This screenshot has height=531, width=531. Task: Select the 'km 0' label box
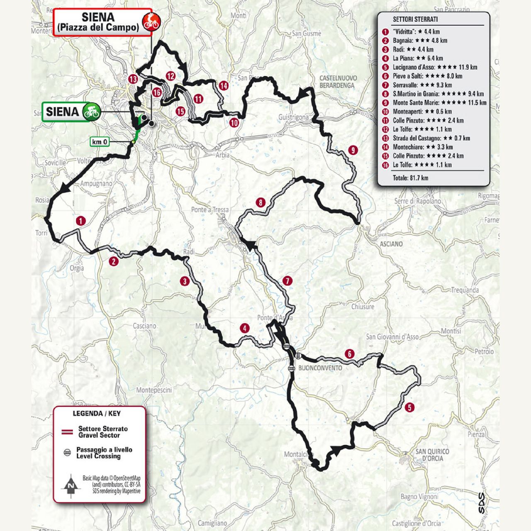click(x=100, y=142)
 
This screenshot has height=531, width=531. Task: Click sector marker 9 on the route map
click(x=353, y=150)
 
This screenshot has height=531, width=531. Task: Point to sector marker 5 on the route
click(x=409, y=407)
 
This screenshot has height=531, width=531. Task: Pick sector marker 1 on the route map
click(x=80, y=221)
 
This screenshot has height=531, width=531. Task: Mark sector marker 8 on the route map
click(x=261, y=202)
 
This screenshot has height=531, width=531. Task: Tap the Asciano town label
click(x=391, y=244)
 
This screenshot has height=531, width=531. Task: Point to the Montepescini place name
click(x=154, y=390)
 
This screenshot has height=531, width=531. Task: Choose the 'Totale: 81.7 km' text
click(x=410, y=178)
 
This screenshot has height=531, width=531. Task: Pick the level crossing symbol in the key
click(x=67, y=453)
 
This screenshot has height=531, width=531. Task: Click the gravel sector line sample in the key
click(x=67, y=432)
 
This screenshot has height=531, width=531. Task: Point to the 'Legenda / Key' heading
click(x=97, y=413)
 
